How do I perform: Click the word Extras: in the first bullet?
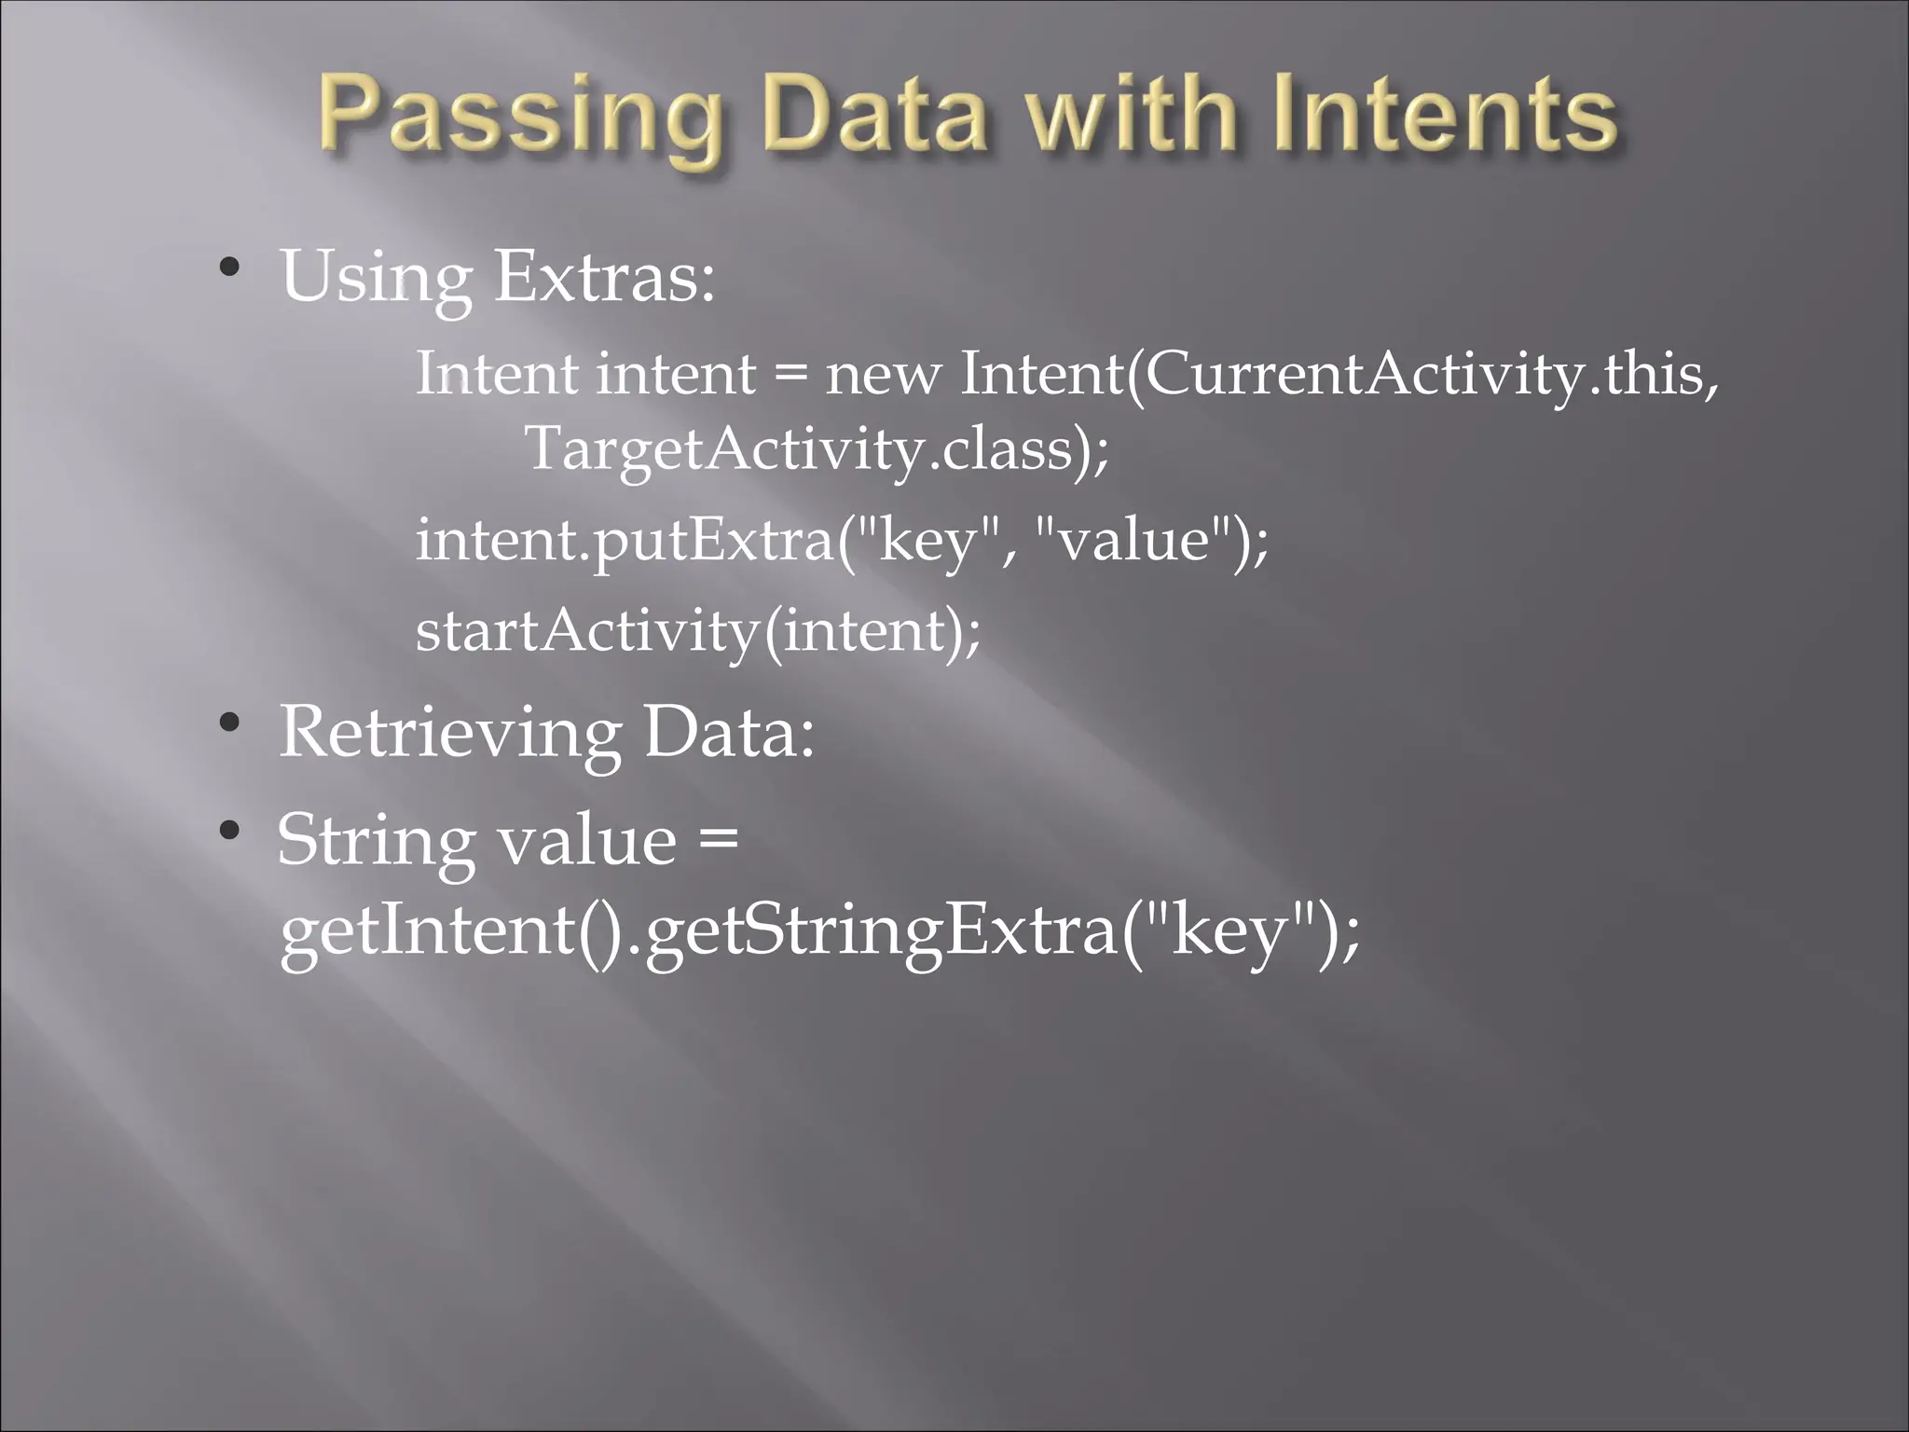[x=604, y=277]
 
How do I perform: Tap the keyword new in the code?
[x=883, y=375]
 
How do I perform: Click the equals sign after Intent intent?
[x=790, y=375]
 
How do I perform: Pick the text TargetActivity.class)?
[x=817, y=449]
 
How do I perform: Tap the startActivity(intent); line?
[x=698, y=631]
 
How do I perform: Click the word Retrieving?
[x=450, y=733]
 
